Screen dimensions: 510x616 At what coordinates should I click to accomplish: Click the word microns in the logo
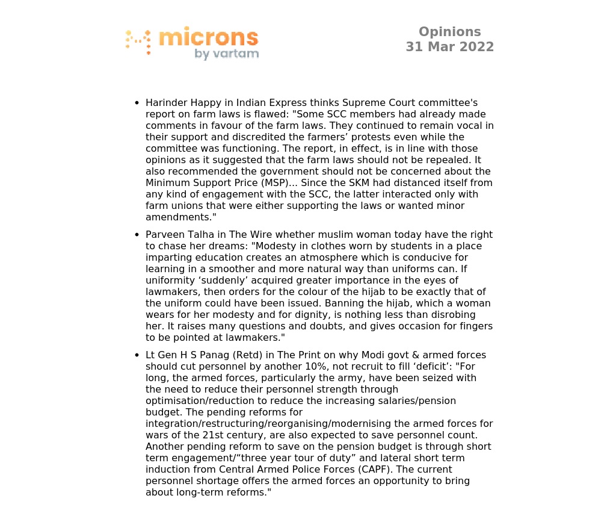tap(208, 38)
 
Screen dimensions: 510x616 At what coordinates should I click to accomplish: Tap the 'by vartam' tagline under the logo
tap(227, 54)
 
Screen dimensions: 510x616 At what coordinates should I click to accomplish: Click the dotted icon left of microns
tap(138, 42)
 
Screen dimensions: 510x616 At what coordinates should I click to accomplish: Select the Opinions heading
tap(449, 32)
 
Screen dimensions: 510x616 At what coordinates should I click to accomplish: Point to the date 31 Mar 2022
tap(449, 47)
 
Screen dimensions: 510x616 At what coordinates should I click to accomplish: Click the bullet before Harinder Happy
tap(137, 103)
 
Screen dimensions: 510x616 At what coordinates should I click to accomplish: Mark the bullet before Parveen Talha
tap(137, 235)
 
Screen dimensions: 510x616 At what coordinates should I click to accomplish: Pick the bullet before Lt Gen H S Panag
tap(137, 355)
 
